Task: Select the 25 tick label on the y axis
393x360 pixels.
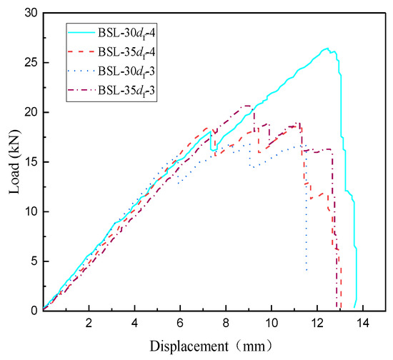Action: coord(30,63)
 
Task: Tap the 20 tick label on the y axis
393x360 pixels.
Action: coord(30,112)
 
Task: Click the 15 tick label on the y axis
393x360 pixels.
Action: coord(30,161)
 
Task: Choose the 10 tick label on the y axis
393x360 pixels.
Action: coord(30,211)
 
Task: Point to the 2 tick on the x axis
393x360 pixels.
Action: coord(89,321)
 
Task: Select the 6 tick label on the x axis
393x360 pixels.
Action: coord(180,321)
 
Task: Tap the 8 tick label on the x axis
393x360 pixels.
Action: coord(226,321)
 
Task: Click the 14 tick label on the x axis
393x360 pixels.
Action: coord(363,321)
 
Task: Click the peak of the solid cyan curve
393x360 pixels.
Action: coord(327,49)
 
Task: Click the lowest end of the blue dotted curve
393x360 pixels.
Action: coord(307,271)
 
